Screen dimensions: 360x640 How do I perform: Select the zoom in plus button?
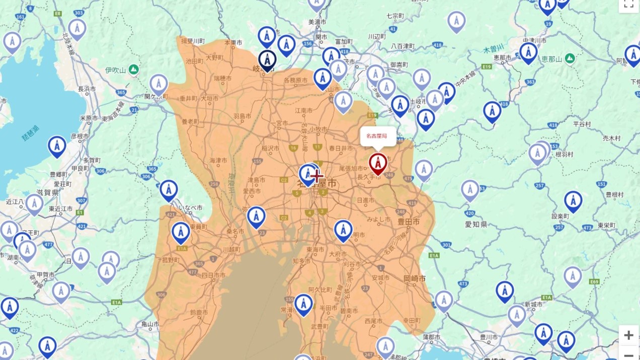click(628, 335)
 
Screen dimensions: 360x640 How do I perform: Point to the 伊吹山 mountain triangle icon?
click(133, 69)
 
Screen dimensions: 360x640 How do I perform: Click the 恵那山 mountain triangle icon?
click(570, 58)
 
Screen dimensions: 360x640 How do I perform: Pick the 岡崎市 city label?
click(415, 278)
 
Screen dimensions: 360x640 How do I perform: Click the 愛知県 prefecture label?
click(475, 224)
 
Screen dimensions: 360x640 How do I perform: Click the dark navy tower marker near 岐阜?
click(267, 59)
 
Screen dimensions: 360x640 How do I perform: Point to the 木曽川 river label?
click(493, 49)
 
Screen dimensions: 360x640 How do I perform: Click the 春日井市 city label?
click(341, 148)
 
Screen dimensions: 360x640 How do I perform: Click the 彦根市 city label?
click(79, 136)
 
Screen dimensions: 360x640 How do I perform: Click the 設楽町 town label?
click(559, 216)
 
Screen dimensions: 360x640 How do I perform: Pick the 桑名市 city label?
click(235, 232)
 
